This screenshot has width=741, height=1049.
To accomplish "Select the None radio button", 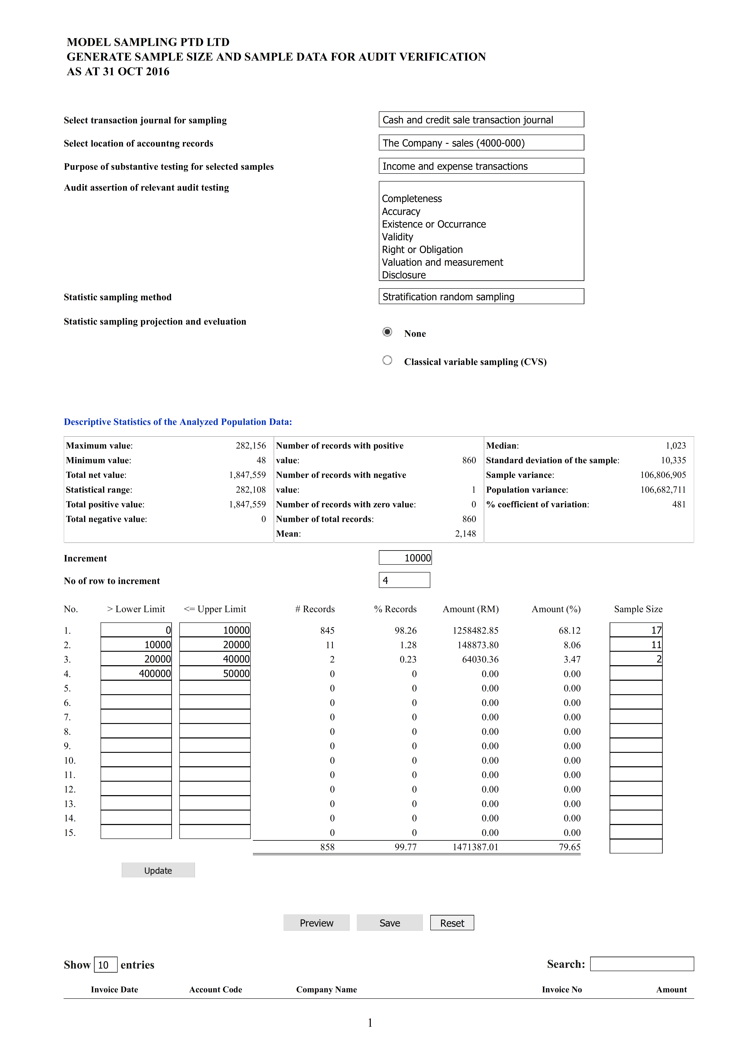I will (387, 332).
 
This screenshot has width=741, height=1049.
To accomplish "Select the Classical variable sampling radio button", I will (387, 360).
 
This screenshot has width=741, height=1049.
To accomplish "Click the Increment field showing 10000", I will (405, 558).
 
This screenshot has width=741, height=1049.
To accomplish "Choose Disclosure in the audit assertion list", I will (404, 275).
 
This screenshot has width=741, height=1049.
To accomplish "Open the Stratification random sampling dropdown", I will (481, 296).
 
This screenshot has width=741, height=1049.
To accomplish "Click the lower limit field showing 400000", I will (136, 673).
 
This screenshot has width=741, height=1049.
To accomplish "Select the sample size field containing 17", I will (636, 630).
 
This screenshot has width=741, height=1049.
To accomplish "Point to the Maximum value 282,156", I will (251, 445).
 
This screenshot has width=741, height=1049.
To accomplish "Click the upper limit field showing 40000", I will (215, 659).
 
